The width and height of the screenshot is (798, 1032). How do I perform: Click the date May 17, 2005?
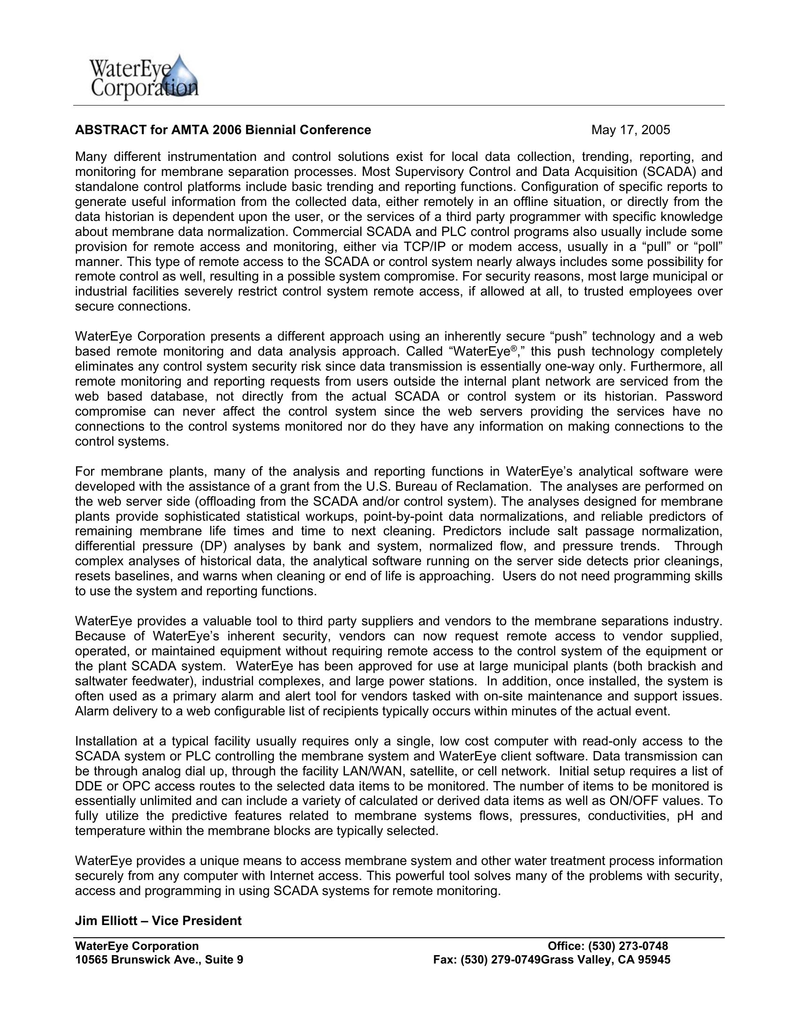[x=630, y=130]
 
